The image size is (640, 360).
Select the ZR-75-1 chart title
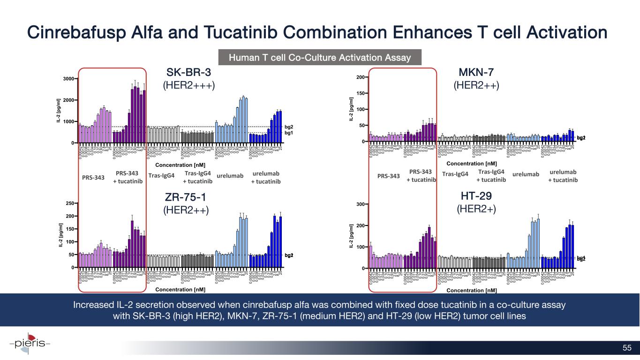coord(186,196)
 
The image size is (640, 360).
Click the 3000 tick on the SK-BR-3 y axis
coord(68,79)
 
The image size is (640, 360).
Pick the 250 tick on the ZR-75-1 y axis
coord(70,203)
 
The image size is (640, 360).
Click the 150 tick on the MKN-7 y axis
coord(360,93)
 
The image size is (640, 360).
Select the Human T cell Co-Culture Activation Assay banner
coord(319,58)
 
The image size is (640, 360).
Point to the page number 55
coord(627,347)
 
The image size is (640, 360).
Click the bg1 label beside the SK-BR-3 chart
coord(289,133)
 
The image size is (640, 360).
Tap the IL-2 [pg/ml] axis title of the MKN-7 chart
coord(351,109)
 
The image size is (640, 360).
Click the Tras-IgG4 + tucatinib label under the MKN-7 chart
coord(491,176)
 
